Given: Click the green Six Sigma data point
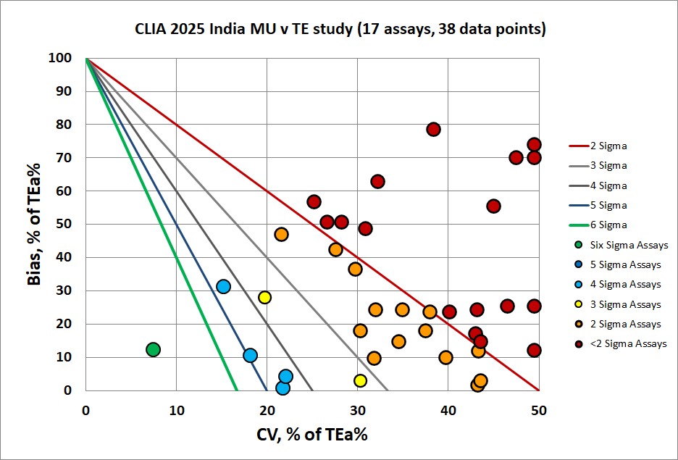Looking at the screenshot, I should point(153,349).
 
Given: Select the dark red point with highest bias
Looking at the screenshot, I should point(433,130).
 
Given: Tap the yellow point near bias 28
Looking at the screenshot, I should point(264,297).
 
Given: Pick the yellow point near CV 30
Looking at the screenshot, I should point(360,380).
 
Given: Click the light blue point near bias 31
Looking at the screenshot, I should point(224,286).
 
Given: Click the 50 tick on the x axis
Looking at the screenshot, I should point(538,409).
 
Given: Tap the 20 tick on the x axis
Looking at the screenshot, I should point(267,409).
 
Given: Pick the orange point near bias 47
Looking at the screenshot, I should point(281,234).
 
